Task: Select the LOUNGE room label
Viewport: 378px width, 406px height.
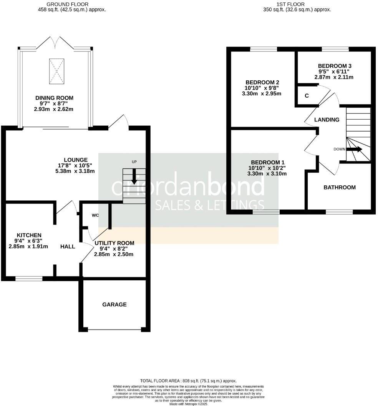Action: (x=76, y=160)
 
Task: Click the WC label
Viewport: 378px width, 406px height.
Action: (x=95, y=215)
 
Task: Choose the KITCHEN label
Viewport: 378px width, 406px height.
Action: (x=29, y=235)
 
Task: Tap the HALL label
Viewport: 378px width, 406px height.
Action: (x=68, y=246)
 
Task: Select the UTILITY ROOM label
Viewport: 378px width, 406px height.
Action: (x=114, y=243)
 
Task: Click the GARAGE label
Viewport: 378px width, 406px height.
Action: (x=114, y=304)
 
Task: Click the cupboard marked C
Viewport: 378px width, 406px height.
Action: (x=307, y=95)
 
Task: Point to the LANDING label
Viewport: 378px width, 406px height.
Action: (x=327, y=120)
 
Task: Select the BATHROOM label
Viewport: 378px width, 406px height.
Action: (x=339, y=187)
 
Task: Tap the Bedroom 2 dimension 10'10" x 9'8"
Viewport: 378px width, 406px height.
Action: (x=262, y=88)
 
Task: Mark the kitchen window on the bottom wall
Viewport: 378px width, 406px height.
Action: (x=29, y=278)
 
